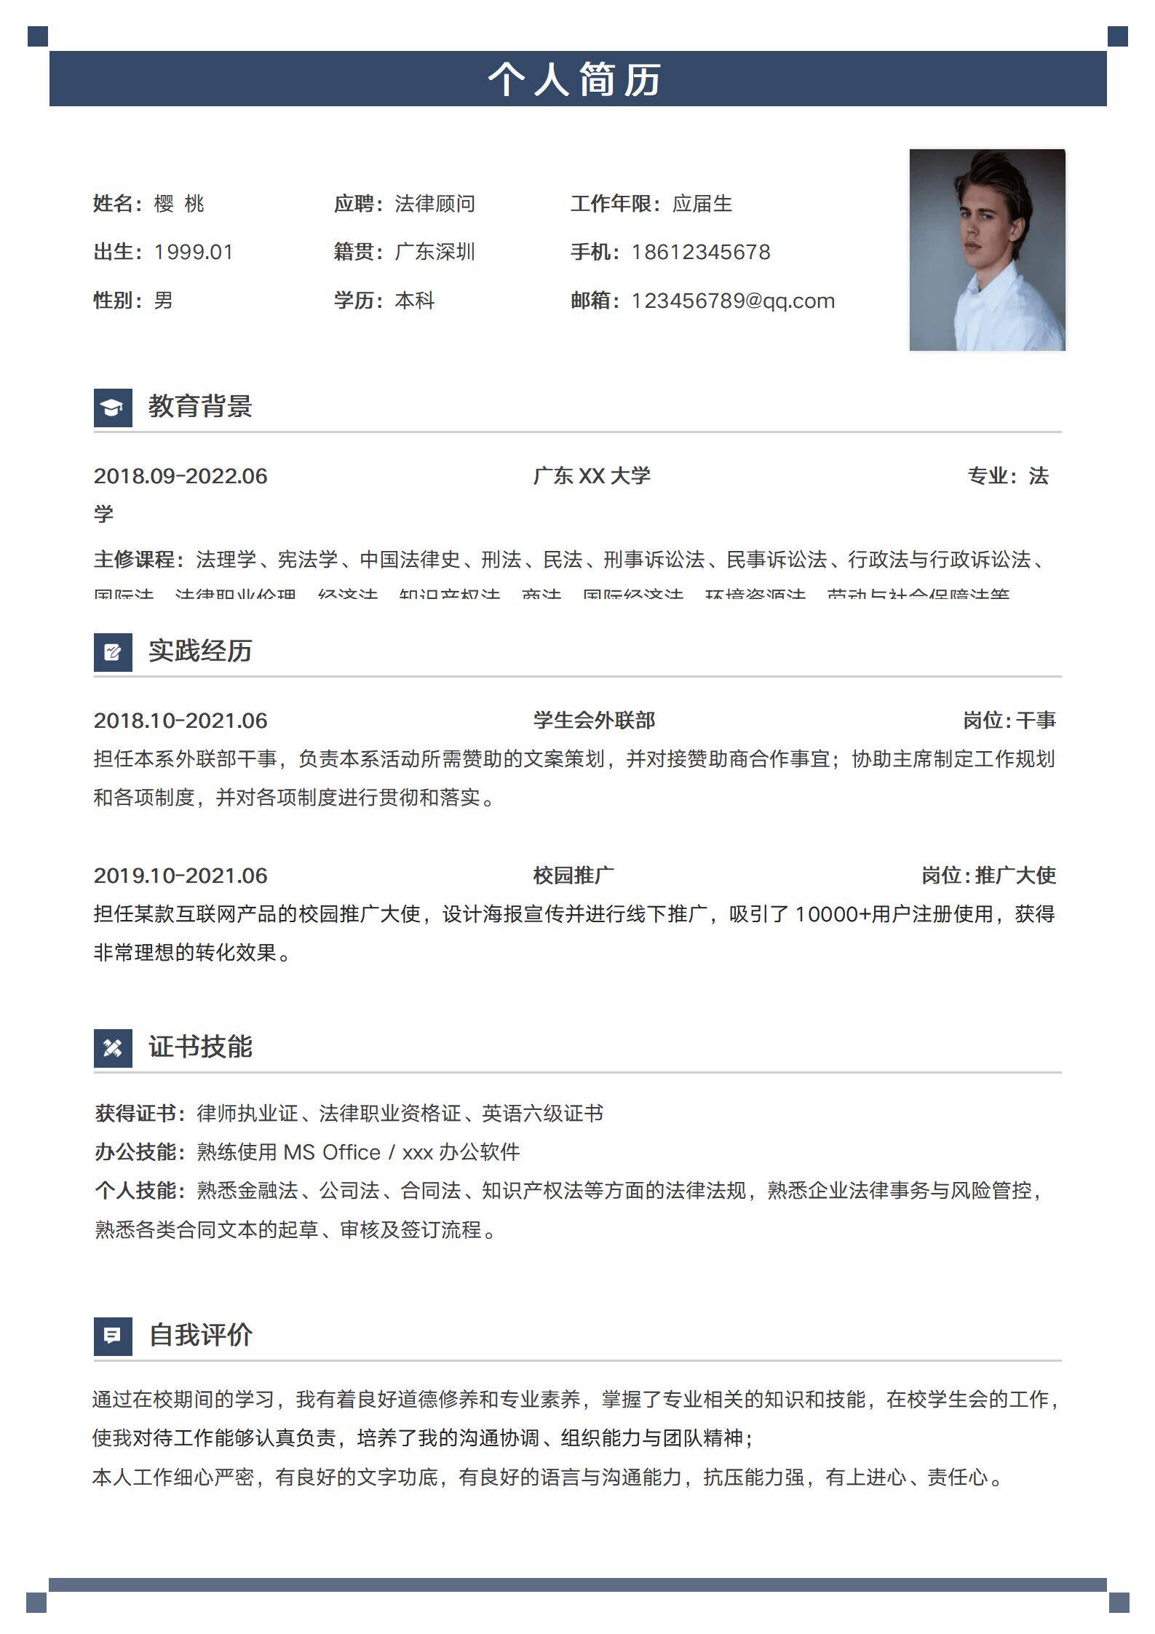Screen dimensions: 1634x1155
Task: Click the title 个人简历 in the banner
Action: (x=575, y=79)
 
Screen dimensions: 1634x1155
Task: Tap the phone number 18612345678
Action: (x=700, y=252)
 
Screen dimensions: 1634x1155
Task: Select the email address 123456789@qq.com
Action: (x=732, y=301)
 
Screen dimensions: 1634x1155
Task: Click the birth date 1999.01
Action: (x=194, y=252)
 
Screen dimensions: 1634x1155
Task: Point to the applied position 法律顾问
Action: (x=434, y=204)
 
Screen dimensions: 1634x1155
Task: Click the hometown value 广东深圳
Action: (x=434, y=252)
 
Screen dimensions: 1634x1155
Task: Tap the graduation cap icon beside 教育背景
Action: (x=113, y=408)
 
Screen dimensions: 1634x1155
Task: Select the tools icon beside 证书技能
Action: (x=113, y=1048)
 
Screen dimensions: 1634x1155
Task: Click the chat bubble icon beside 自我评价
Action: (x=113, y=1336)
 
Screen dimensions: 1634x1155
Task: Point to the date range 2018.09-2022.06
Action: (x=180, y=476)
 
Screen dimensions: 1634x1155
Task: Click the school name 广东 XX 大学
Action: (x=591, y=476)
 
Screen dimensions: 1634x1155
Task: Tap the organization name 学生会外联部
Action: (x=594, y=721)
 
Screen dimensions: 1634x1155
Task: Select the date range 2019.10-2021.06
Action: (x=180, y=876)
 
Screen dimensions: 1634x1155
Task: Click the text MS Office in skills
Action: (x=332, y=1152)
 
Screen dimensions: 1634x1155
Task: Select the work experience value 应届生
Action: (x=702, y=204)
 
